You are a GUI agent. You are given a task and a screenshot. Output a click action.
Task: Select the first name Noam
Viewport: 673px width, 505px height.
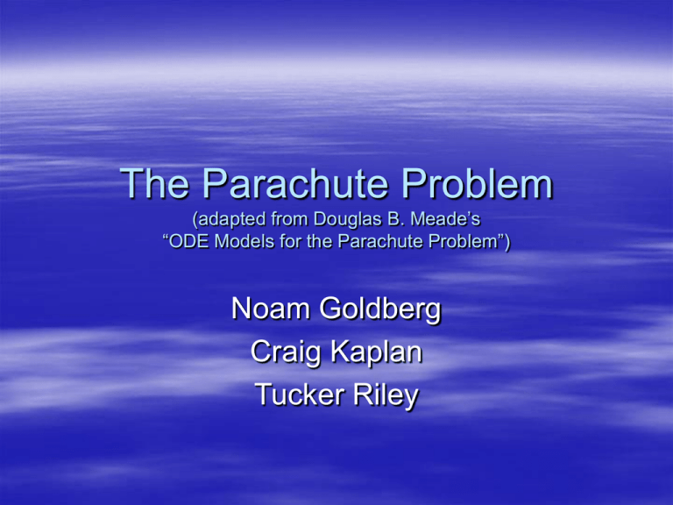pyautogui.click(x=268, y=309)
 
